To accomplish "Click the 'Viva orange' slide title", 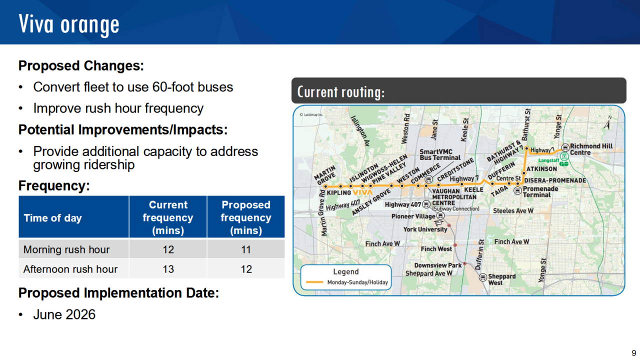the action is [x=69, y=25].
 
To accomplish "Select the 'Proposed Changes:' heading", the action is [x=81, y=65].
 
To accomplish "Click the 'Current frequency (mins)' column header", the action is [x=168, y=217].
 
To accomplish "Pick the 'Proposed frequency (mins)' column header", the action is [x=246, y=217].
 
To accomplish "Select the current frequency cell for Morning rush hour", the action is [x=168, y=249].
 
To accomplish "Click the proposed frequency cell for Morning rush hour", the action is [x=246, y=249].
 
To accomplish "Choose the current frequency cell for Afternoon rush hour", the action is [x=168, y=269].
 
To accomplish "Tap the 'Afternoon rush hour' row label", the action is [x=70, y=269].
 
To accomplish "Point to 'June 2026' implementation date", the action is [x=64, y=314].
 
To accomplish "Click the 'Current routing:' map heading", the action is [x=341, y=92].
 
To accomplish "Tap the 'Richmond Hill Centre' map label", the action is [x=591, y=149].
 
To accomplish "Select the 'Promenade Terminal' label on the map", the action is [x=540, y=191].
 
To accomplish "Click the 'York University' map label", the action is [x=425, y=229].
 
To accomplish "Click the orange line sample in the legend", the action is [x=314, y=282].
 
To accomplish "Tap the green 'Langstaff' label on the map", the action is [x=548, y=160].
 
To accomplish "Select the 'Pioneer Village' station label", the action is [x=413, y=216].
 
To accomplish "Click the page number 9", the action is [x=633, y=353].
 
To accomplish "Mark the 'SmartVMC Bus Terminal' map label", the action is [x=439, y=154].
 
